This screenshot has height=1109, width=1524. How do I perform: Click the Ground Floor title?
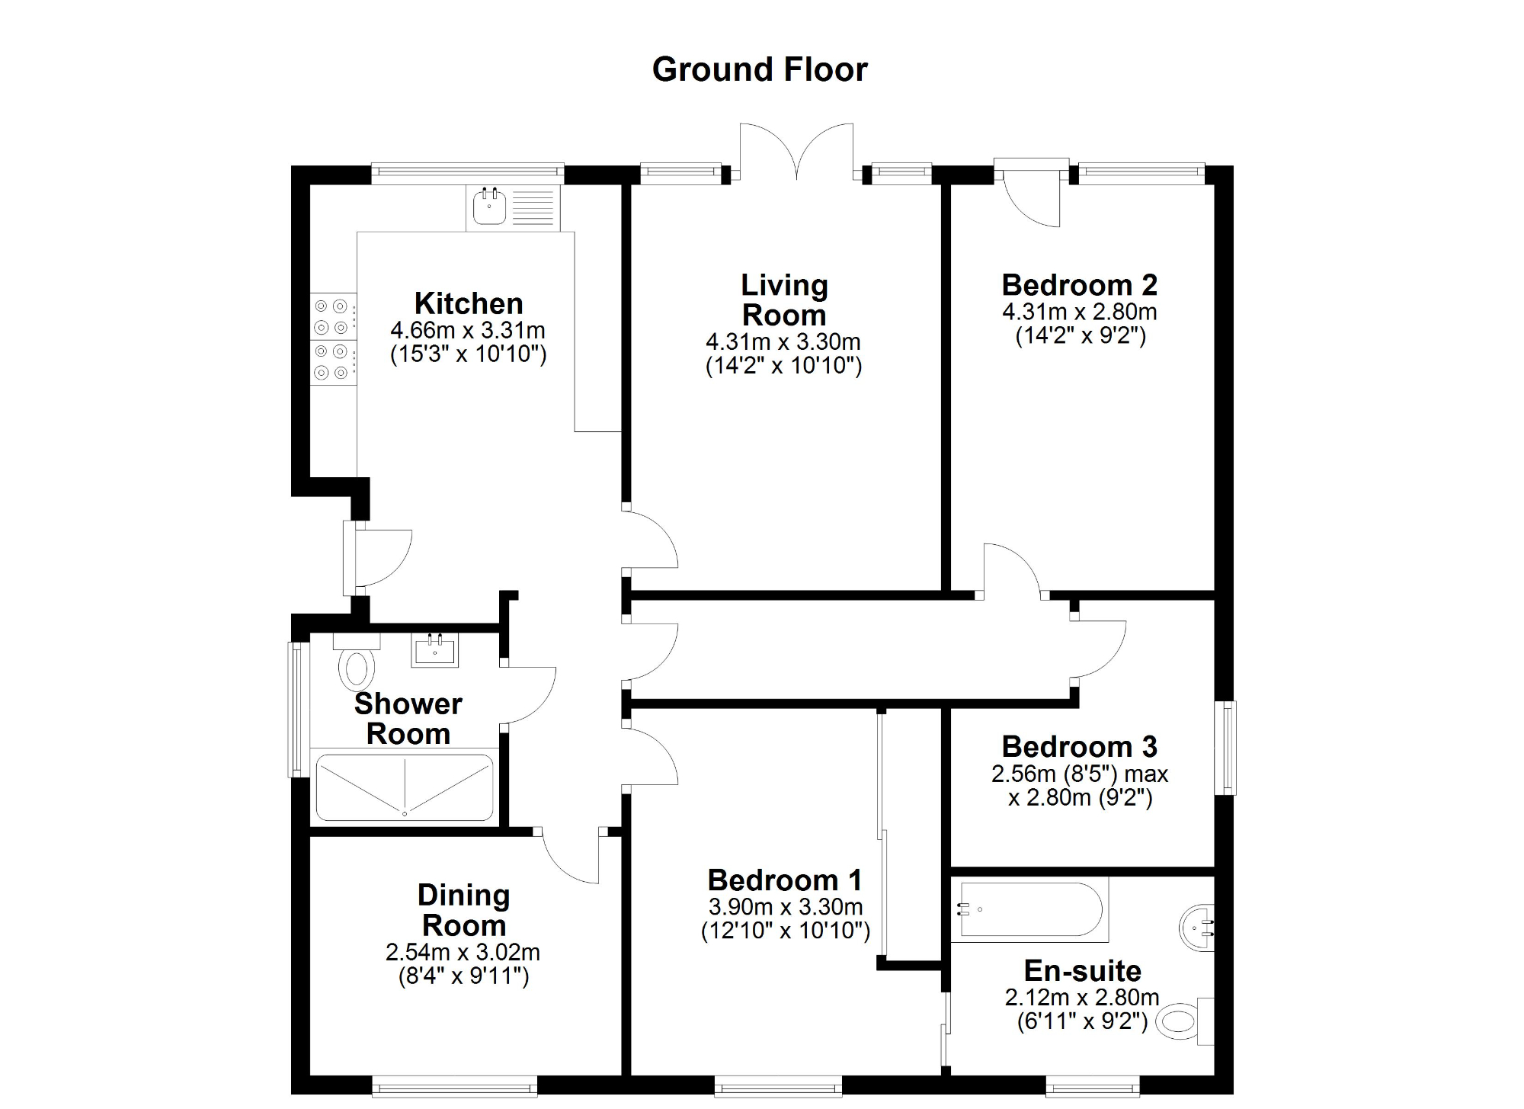(760, 69)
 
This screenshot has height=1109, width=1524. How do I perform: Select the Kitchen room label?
(468, 303)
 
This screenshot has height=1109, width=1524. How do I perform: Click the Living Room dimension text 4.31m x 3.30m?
(783, 341)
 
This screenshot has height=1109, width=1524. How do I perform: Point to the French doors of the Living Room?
(797, 152)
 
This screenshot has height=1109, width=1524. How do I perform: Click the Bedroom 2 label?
(1079, 285)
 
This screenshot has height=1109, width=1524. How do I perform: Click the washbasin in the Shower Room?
(435, 650)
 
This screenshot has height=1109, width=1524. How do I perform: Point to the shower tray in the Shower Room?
(405, 787)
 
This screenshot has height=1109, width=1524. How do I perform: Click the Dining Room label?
(463, 910)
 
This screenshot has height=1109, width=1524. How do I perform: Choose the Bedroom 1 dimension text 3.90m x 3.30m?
(785, 907)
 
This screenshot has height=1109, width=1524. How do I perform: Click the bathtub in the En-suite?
(1029, 909)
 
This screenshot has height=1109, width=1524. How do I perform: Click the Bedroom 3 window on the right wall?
(1225, 748)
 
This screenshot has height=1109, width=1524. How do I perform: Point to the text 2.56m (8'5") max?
(1079, 774)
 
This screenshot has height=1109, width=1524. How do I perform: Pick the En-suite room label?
(1082, 971)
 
